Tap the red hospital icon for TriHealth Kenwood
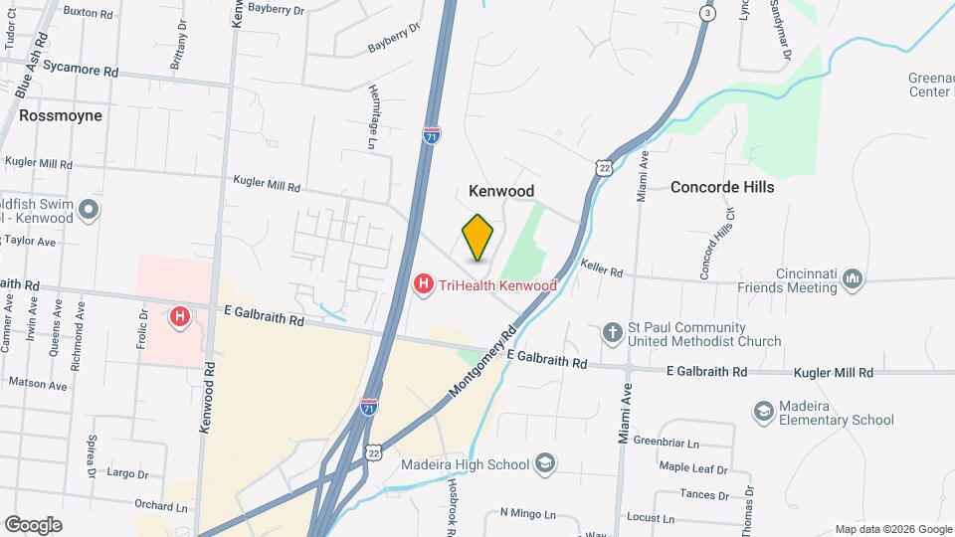423,285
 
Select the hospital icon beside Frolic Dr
180,316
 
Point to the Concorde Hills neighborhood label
721,187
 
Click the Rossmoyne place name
60,115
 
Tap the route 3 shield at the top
706,14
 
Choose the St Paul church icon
614,330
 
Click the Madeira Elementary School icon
763,411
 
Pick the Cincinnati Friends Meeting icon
852,280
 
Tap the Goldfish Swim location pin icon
89,209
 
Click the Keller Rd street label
603,269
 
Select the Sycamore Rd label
89,72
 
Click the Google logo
33,524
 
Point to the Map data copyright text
892,529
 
